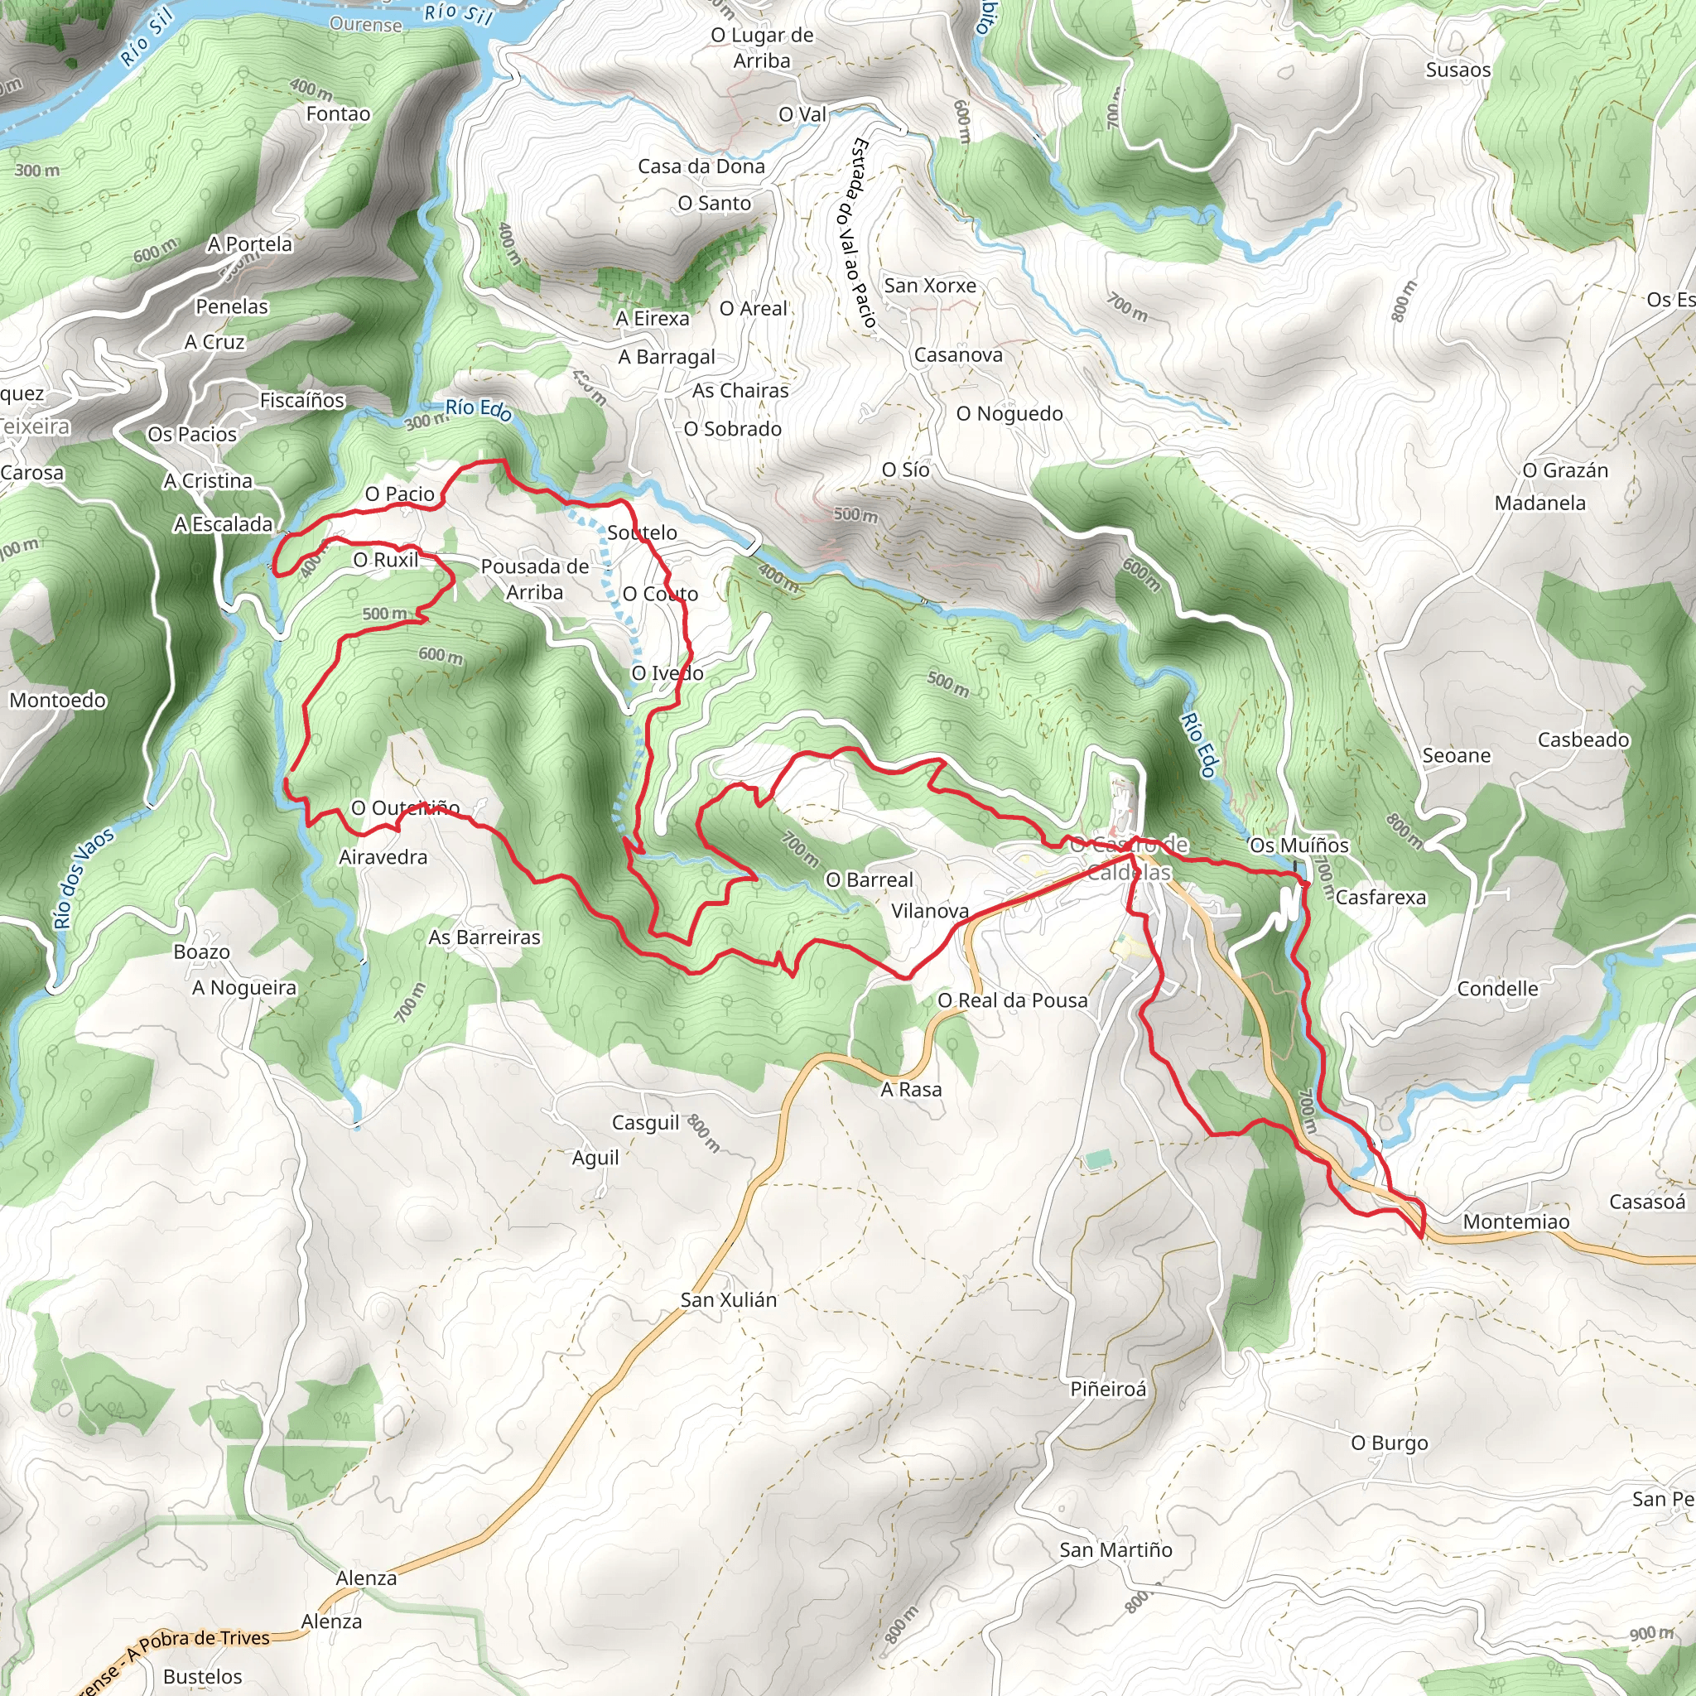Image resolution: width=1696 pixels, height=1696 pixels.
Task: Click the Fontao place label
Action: (338, 114)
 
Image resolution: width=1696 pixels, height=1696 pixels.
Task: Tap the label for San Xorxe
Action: (930, 286)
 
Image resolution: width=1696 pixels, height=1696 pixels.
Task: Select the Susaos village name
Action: (1458, 70)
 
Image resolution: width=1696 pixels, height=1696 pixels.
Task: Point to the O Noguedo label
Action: (1009, 413)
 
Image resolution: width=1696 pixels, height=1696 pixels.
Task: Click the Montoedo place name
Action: (58, 701)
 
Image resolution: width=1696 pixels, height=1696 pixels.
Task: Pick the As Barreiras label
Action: (484, 937)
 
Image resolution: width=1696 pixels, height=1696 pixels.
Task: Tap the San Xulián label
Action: (729, 1300)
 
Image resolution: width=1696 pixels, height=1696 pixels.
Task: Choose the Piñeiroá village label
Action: (1108, 1390)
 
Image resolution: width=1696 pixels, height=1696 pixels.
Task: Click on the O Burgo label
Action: (1389, 1443)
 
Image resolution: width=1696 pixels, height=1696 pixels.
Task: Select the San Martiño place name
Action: (1115, 1550)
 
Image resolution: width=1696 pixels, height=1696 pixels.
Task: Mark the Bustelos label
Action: (203, 1677)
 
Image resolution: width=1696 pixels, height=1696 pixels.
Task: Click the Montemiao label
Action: (1516, 1222)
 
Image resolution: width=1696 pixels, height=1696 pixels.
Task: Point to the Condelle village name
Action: (1497, 990)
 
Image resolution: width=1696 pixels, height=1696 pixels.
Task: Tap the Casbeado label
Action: (1583, 740)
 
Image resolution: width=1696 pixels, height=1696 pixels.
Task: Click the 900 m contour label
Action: (1651, 1634)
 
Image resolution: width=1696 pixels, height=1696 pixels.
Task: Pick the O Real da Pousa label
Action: (1012, 1000)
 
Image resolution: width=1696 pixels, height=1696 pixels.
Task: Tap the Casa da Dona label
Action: (701, 166)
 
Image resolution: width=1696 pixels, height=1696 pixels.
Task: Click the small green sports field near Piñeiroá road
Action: (1096, 1159)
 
